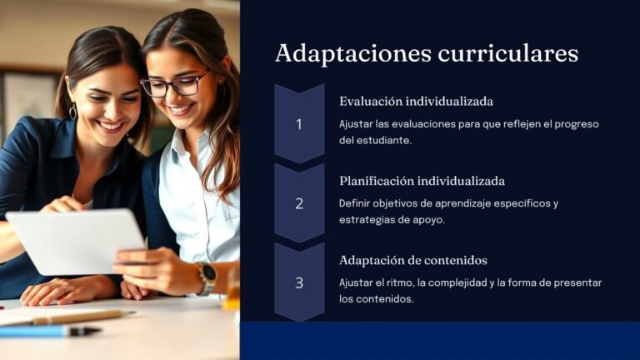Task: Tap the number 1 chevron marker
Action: click(299, 124)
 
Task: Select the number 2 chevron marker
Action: click(299, 203)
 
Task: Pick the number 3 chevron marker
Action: click(299, 282)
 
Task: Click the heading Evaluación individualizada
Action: click(416, 102)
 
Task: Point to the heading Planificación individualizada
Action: click(422, 181)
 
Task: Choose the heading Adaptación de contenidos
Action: click(412, 260)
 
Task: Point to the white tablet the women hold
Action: click(75, 242)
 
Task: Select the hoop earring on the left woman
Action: click(73, 111)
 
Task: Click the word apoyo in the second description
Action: click(424, 219)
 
